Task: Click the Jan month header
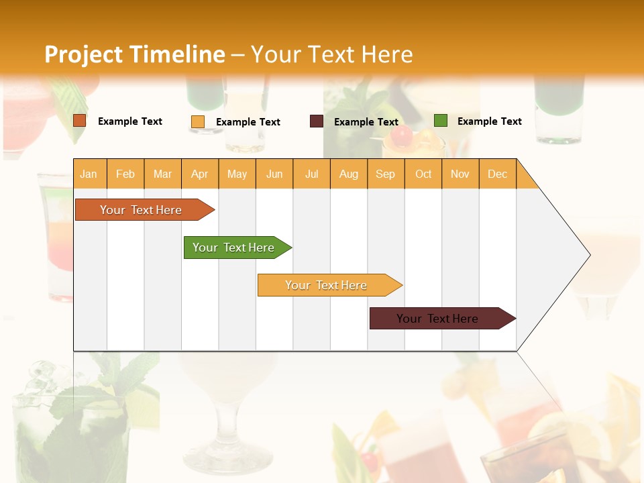pyautogui.click(x=89, y=174)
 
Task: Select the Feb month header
pyautogui.click(x=125, y=174)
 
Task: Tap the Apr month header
pyautogui.click(x=199, y=174)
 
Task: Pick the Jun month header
pyautogui.click(x=274, y=174)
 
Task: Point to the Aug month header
pyautogui.click(x=348, y=174)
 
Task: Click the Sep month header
pyautogui.click(x=385, y=174)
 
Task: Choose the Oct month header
pyautogui.click(x=423, y=174)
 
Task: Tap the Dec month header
pyautogui.click(x=497, y=174)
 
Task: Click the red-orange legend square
pyautogui.click(x=80, y=121)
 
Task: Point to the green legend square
pyautogui.click(x=441, y=121)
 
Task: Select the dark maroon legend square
pyautogui.click(x=317, y=121)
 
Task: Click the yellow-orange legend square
pyautogui.click(x=198, y=121)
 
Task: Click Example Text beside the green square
pyautogui.click(x=489, y=121)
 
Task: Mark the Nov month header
pyautogui.click(x=460, y=174)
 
